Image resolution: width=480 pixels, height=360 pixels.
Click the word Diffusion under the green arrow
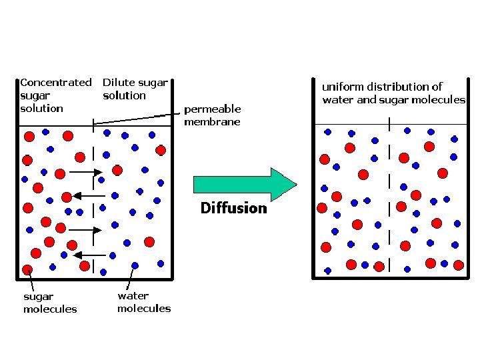[233, 209]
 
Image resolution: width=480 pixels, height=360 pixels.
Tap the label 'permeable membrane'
[212, 115]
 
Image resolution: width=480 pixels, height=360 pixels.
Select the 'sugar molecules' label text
[50, 303]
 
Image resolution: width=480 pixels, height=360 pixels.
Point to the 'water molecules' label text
[143, 302]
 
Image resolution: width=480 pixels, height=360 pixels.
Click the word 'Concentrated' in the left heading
[56, 83]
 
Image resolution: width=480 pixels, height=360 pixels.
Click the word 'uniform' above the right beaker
[343, 87]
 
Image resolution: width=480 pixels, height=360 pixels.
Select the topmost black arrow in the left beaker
[85, 172]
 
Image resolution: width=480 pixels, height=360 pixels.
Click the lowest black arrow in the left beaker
[86, 255]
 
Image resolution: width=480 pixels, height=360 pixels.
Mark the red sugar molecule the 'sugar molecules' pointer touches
[27, 270]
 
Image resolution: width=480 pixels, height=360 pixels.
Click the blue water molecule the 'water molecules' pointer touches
[135, 265]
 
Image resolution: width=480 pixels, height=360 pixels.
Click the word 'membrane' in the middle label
[212, 122]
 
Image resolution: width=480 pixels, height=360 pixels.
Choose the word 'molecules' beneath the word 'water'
[143, 309]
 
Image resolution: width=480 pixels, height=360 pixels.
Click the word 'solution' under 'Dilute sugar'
[124, 95]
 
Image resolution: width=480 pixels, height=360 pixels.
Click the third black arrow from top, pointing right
[85, 230]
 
